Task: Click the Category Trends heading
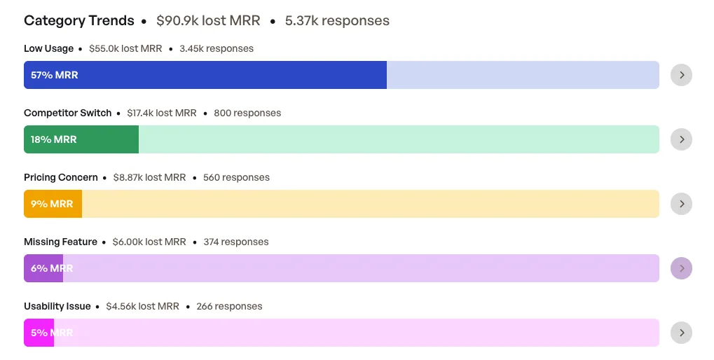pyautogui.click(x=78, y=20)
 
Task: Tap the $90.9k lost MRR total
pyautogui.click(x=208, y=20)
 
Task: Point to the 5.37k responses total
pyautogui.click(x=337, y=21)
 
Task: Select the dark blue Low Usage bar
pyautogui.click(x=205, y=75)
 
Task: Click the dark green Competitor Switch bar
pyautogui.click(x=81, y=139)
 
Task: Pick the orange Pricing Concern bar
pyautogui.click(x=53, y=204)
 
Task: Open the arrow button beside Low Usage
pyautogui.click(x=681, y=75)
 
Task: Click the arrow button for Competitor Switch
pyautogui.click(x=681, y=139)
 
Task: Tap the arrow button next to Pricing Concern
pyautogui.click(x=681, y=204)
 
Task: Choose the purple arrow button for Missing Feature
pyautogui.click(x=681, y=268)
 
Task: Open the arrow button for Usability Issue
pyautogui.click(x=681, y=333)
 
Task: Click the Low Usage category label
pyautogui.click(x=49, y=49)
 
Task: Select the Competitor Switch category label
pyautogui.click(x=67, y=113)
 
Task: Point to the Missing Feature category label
pyautogui.click(x=60, y=242)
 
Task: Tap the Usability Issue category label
pyautogui.click(x=57, y=306)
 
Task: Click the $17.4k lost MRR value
pyautogui.click(x=162, y=113)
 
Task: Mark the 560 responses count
pyautogui.click(x=236, y=177)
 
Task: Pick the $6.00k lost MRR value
pyautogui.click(x=149, y=242)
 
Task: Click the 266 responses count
pyautogui.click(x=230, y=306)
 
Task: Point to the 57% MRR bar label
pyautogui.click(x=54, y=75)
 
